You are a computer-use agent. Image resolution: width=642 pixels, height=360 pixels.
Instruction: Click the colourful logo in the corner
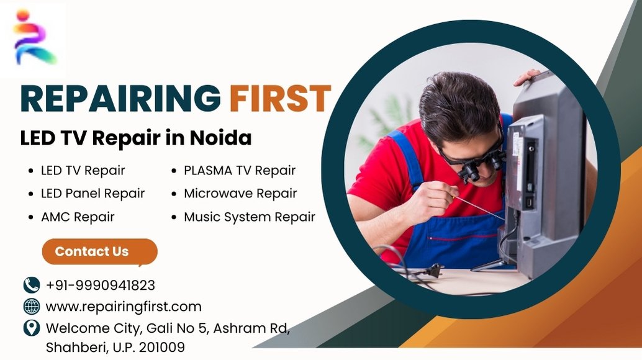click(x=34, y=38)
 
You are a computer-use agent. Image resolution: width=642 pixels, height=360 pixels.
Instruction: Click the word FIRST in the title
click(x=280, y=99)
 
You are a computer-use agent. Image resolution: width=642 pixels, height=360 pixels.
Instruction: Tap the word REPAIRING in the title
click(x=121, y=99)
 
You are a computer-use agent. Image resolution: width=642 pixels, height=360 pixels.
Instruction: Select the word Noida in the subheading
click(x=220, y=138)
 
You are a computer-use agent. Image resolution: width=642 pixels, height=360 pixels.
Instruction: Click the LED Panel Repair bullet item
click(x=93, y=194)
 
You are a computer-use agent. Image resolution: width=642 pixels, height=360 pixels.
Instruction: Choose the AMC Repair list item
click(x=78, y=217)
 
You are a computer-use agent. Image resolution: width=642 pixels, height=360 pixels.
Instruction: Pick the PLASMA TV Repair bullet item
click(x=240, y=170)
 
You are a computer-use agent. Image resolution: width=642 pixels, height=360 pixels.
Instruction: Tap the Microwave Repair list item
click(x=240, y=194)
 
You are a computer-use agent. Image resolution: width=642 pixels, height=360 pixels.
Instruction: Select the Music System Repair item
click(x=250, y=217)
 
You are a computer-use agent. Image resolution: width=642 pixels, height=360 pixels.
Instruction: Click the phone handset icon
click(x=32, y=285)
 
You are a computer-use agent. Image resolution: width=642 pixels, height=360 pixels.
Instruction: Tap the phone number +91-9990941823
click(x=101, y=285)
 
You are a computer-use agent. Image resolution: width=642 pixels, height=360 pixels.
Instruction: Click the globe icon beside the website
click(x=32, y=307)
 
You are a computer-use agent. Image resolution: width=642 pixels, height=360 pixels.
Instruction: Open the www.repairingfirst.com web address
click(x=124, y=307)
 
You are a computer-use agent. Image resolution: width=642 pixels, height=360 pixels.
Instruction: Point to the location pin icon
click(x=32, y=328)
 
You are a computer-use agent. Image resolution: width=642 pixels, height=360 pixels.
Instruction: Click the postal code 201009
click(x=161, y=348)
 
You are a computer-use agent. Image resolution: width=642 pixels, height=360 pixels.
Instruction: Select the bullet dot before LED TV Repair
click(x=31, y=171)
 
